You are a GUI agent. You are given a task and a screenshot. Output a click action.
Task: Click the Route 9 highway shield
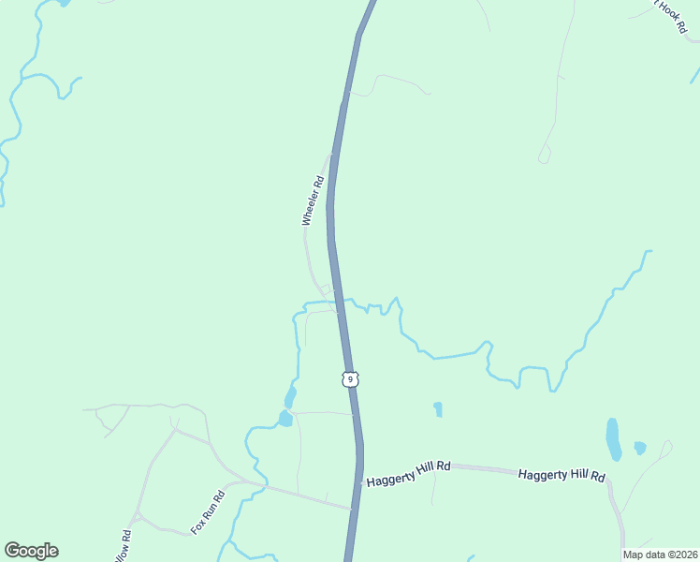(x=348, y=378)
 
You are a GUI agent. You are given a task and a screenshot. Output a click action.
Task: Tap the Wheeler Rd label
(x=313, y=201)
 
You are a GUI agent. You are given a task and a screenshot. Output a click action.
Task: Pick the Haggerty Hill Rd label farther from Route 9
(x=561, y=477)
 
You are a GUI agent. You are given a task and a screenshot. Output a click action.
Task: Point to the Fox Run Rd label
(x=208, y=512)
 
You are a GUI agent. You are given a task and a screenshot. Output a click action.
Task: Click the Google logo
(x=31, y=551)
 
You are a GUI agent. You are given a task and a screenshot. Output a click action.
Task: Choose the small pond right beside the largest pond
(x=639, y=448)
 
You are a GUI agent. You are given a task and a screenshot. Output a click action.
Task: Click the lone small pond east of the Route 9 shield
(x=438, y=409)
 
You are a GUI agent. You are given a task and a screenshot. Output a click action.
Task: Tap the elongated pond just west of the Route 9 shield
(x=291, y=396)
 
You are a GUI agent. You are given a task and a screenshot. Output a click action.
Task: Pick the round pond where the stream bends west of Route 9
(x=284, y=419)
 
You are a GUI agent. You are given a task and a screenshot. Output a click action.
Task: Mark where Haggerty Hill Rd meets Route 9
(x=359, y=483)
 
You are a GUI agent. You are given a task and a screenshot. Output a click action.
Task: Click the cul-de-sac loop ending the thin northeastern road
(x=544, y=156)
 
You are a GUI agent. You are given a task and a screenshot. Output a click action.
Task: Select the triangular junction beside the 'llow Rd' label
(x=137, y=517)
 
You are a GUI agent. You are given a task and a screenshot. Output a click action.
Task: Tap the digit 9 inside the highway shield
(x=348, y=378)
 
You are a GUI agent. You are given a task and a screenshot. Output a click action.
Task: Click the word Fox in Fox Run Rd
(x=198, y=524)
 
